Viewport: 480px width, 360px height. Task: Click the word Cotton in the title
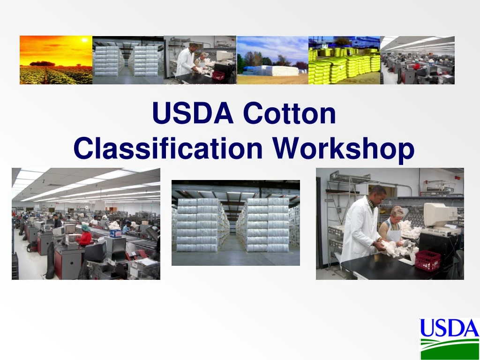tap(289, 113)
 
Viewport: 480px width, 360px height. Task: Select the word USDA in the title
tap(193, 113)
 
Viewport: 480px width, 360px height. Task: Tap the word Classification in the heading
tap(168, 148)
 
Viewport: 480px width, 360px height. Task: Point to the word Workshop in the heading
tap(344, 148)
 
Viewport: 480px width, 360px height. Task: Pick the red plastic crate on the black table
tap(427, 260)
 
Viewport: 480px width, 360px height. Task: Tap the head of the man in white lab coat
tap(378, 194)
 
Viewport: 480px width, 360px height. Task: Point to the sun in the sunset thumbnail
tap(84, 40)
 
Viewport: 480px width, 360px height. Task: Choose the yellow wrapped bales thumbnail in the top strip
tap(344, 60)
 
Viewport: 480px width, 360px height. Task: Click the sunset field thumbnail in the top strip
tap(56, 60)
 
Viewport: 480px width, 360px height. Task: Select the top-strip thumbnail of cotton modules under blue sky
tap(272, 60)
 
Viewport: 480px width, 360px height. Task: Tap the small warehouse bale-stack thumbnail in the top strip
tap(128, 60)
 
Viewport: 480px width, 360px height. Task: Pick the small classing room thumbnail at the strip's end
tap(417, 60)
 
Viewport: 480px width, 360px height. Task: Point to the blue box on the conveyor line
tap(115, 232)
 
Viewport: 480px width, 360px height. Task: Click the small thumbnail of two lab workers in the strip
tap(200, 60)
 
